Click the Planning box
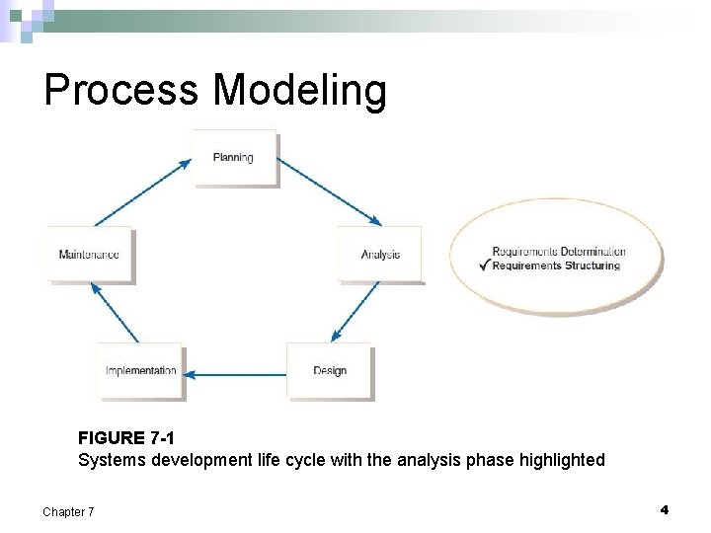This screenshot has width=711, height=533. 234,157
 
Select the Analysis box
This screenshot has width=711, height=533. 380,255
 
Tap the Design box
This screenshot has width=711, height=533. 329,371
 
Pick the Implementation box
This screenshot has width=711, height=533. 140,371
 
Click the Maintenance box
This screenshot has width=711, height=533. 89,255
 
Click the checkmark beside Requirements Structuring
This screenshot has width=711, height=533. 483,265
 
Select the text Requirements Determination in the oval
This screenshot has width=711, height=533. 558,252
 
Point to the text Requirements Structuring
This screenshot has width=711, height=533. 556,266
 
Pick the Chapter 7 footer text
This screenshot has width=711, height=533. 68,511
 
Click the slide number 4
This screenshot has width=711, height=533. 664,509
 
